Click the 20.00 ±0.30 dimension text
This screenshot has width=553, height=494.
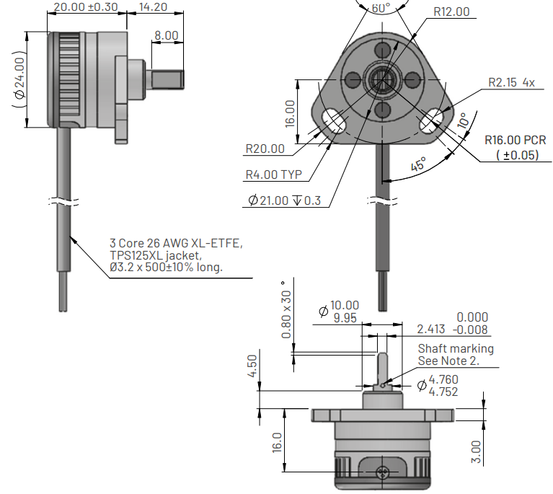click(86, 7)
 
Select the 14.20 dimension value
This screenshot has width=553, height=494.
click(153, 7)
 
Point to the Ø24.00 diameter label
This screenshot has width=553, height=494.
click(20, 79)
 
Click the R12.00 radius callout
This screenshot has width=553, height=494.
click(451, 12)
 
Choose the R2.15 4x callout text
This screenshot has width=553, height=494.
click(510, 83)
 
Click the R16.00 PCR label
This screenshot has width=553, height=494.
click(515, 140)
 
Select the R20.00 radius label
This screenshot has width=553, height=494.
click(264, 149)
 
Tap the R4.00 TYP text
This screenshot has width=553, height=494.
click(273, 175)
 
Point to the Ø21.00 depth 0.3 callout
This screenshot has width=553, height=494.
click(284, 200)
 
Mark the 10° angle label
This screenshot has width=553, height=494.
click(461, 119)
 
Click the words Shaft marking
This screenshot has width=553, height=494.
click(456, 349)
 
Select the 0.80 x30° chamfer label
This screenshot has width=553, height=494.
click(288, 309)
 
